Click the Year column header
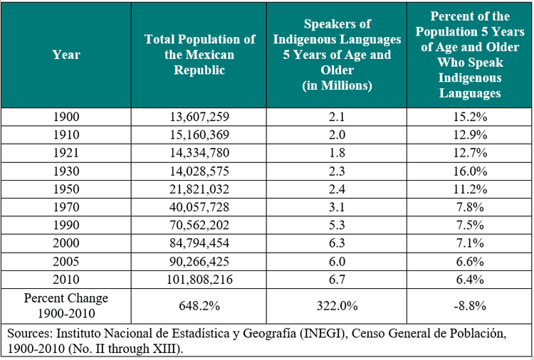click(x=66, y=55)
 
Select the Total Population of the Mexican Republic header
click(x=199, y=55)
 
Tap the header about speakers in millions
click(x=337, y=55)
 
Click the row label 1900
click(x=66, y=117)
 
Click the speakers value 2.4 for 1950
click(x=337, y=189)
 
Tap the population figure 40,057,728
click(x=199, y=207)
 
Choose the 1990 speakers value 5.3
click(x=337, y=226)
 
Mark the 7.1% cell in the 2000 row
click(x=471, y=243)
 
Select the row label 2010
click(x=66, y=280)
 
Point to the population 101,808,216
click(x=199, y=280)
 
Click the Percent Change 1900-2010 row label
click(x=66, y=305)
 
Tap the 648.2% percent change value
click(x=199, y=305)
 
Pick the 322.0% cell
click(x=337, y=305)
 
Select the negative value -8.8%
click(x=471, y=305)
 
